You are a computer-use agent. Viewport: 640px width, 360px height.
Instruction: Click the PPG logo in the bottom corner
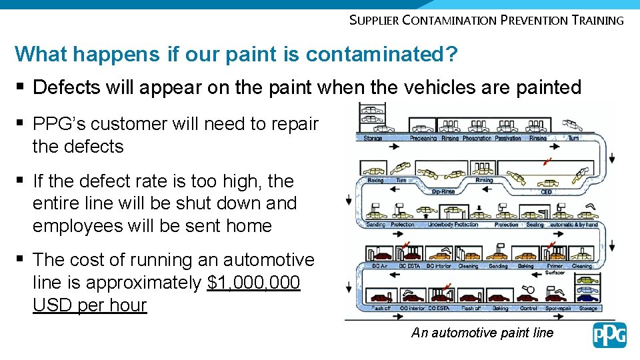[x=609, y=335]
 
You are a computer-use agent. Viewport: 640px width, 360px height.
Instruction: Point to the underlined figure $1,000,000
[x=254, y=283]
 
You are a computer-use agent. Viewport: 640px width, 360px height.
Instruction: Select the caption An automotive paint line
[x=482, y=333]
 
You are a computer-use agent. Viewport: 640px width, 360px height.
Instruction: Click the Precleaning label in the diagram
[x=423, y=139]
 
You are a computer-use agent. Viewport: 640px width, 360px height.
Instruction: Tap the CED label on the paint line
[x=546, y=193]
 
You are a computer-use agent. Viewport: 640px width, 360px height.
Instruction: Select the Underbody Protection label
[x=453, y=225]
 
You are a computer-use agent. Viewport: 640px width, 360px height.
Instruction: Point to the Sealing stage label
[x=535, y=225]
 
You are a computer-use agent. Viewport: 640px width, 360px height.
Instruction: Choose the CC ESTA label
[x=438, y=309]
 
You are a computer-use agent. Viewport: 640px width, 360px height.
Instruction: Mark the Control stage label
[x=528, y=309]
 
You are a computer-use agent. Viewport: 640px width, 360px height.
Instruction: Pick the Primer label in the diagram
[x=554, y=266]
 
